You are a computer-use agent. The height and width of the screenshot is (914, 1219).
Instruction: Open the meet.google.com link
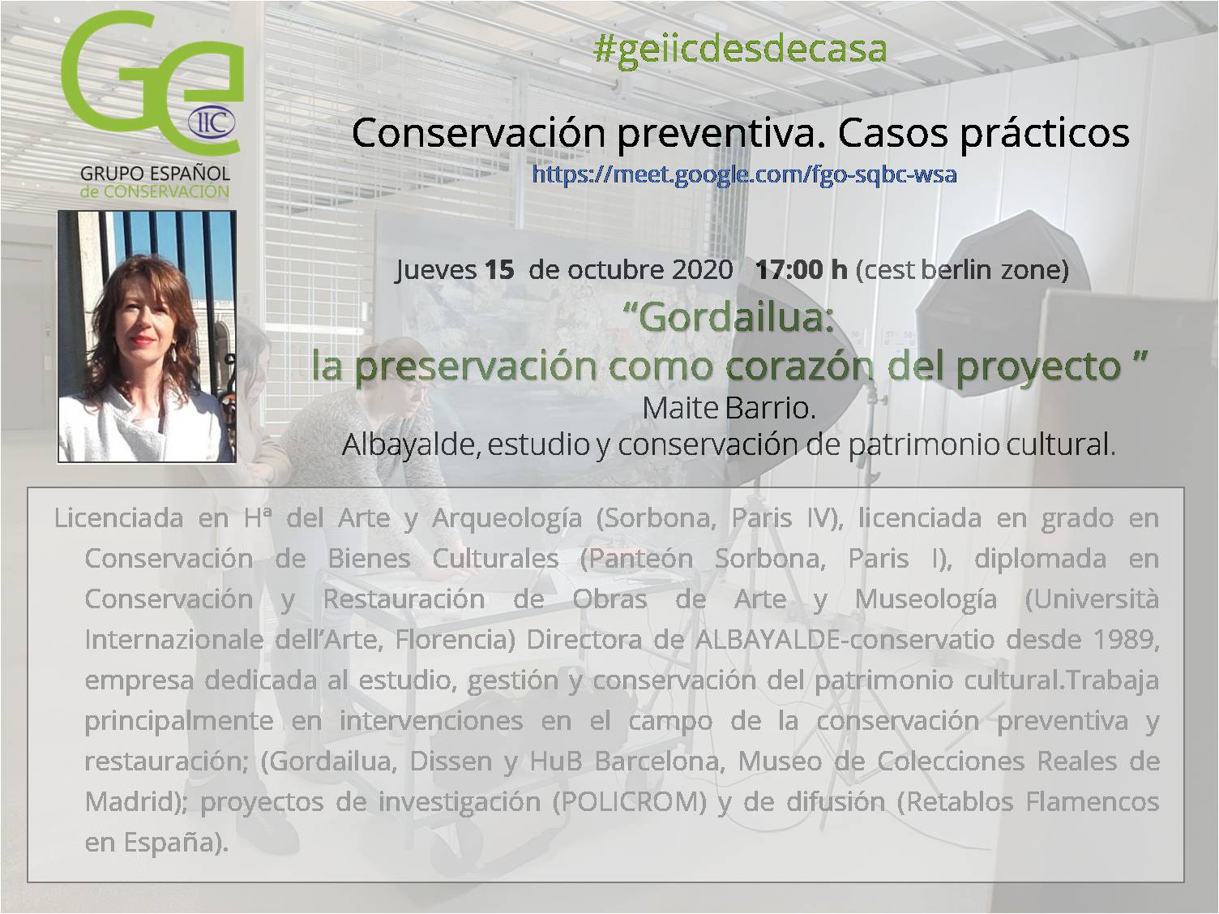[744, 174]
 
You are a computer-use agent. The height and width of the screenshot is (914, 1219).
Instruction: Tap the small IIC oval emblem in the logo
[212, 122]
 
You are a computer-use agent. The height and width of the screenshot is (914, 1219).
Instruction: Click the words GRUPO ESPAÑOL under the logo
[155, 174]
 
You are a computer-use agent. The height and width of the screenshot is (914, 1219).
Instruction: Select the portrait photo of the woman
[148, 336]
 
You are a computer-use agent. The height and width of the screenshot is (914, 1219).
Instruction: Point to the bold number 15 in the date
[499, 269]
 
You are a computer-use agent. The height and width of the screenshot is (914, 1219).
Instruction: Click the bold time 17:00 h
[802, 269]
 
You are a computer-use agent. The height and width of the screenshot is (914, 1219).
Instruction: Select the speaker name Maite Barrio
[729, 409]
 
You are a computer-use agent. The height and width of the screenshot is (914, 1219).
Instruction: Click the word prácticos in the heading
[1045, 135]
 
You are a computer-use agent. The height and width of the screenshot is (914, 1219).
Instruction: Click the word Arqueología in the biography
[507, 519]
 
